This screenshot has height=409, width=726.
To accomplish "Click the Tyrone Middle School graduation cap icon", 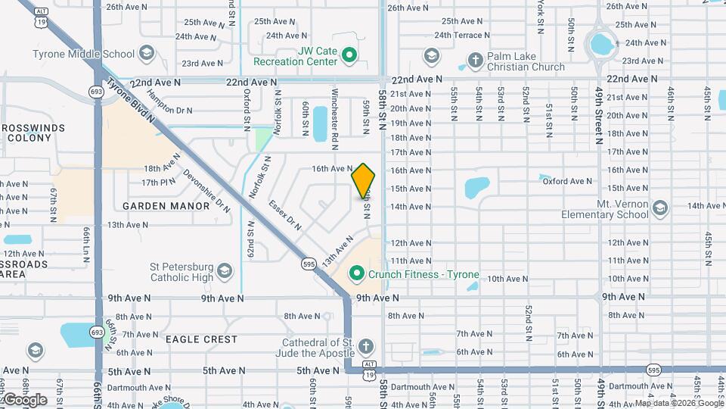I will click(147, 54).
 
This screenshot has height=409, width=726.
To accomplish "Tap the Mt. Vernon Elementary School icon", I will click(659, 207).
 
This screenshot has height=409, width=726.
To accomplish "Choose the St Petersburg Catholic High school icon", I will click(225, 270).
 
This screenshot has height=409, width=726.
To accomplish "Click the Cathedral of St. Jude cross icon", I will click(365, 347).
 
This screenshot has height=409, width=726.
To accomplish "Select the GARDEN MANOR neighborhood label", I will click(166, 206).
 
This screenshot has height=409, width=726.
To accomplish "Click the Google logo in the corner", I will click(24, 399).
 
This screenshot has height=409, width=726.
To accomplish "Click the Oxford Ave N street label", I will click(567, 181).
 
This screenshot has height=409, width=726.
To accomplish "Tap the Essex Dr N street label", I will click(285, 215).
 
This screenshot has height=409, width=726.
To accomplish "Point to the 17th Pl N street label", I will click(158, 182).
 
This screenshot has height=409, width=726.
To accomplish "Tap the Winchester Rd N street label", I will click(334, 114).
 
